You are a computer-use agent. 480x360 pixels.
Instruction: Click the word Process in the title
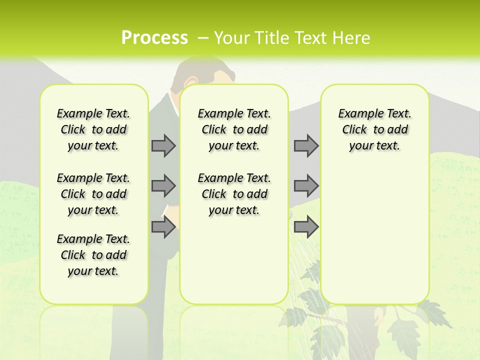[154, 37]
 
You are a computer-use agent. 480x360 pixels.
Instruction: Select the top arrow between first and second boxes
[163, 145]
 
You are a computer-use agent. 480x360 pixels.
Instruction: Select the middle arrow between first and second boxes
[163, 186]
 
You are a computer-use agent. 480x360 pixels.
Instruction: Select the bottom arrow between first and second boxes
[163, 227]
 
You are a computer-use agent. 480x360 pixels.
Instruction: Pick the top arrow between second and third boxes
[306, 145]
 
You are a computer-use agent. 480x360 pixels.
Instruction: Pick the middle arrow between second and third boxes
[306, 186]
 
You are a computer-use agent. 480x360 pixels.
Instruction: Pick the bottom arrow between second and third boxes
[306, 227]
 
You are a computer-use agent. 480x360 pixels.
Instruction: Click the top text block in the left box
[93, 129]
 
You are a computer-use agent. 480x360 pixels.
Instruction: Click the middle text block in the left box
[93, 194]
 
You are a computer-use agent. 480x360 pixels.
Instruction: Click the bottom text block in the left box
[93, 255]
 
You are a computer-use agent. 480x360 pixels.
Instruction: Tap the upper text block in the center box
[234, 129]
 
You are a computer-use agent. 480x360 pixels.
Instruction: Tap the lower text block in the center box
[234, 194]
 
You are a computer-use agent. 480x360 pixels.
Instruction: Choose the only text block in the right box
[374, 129]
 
